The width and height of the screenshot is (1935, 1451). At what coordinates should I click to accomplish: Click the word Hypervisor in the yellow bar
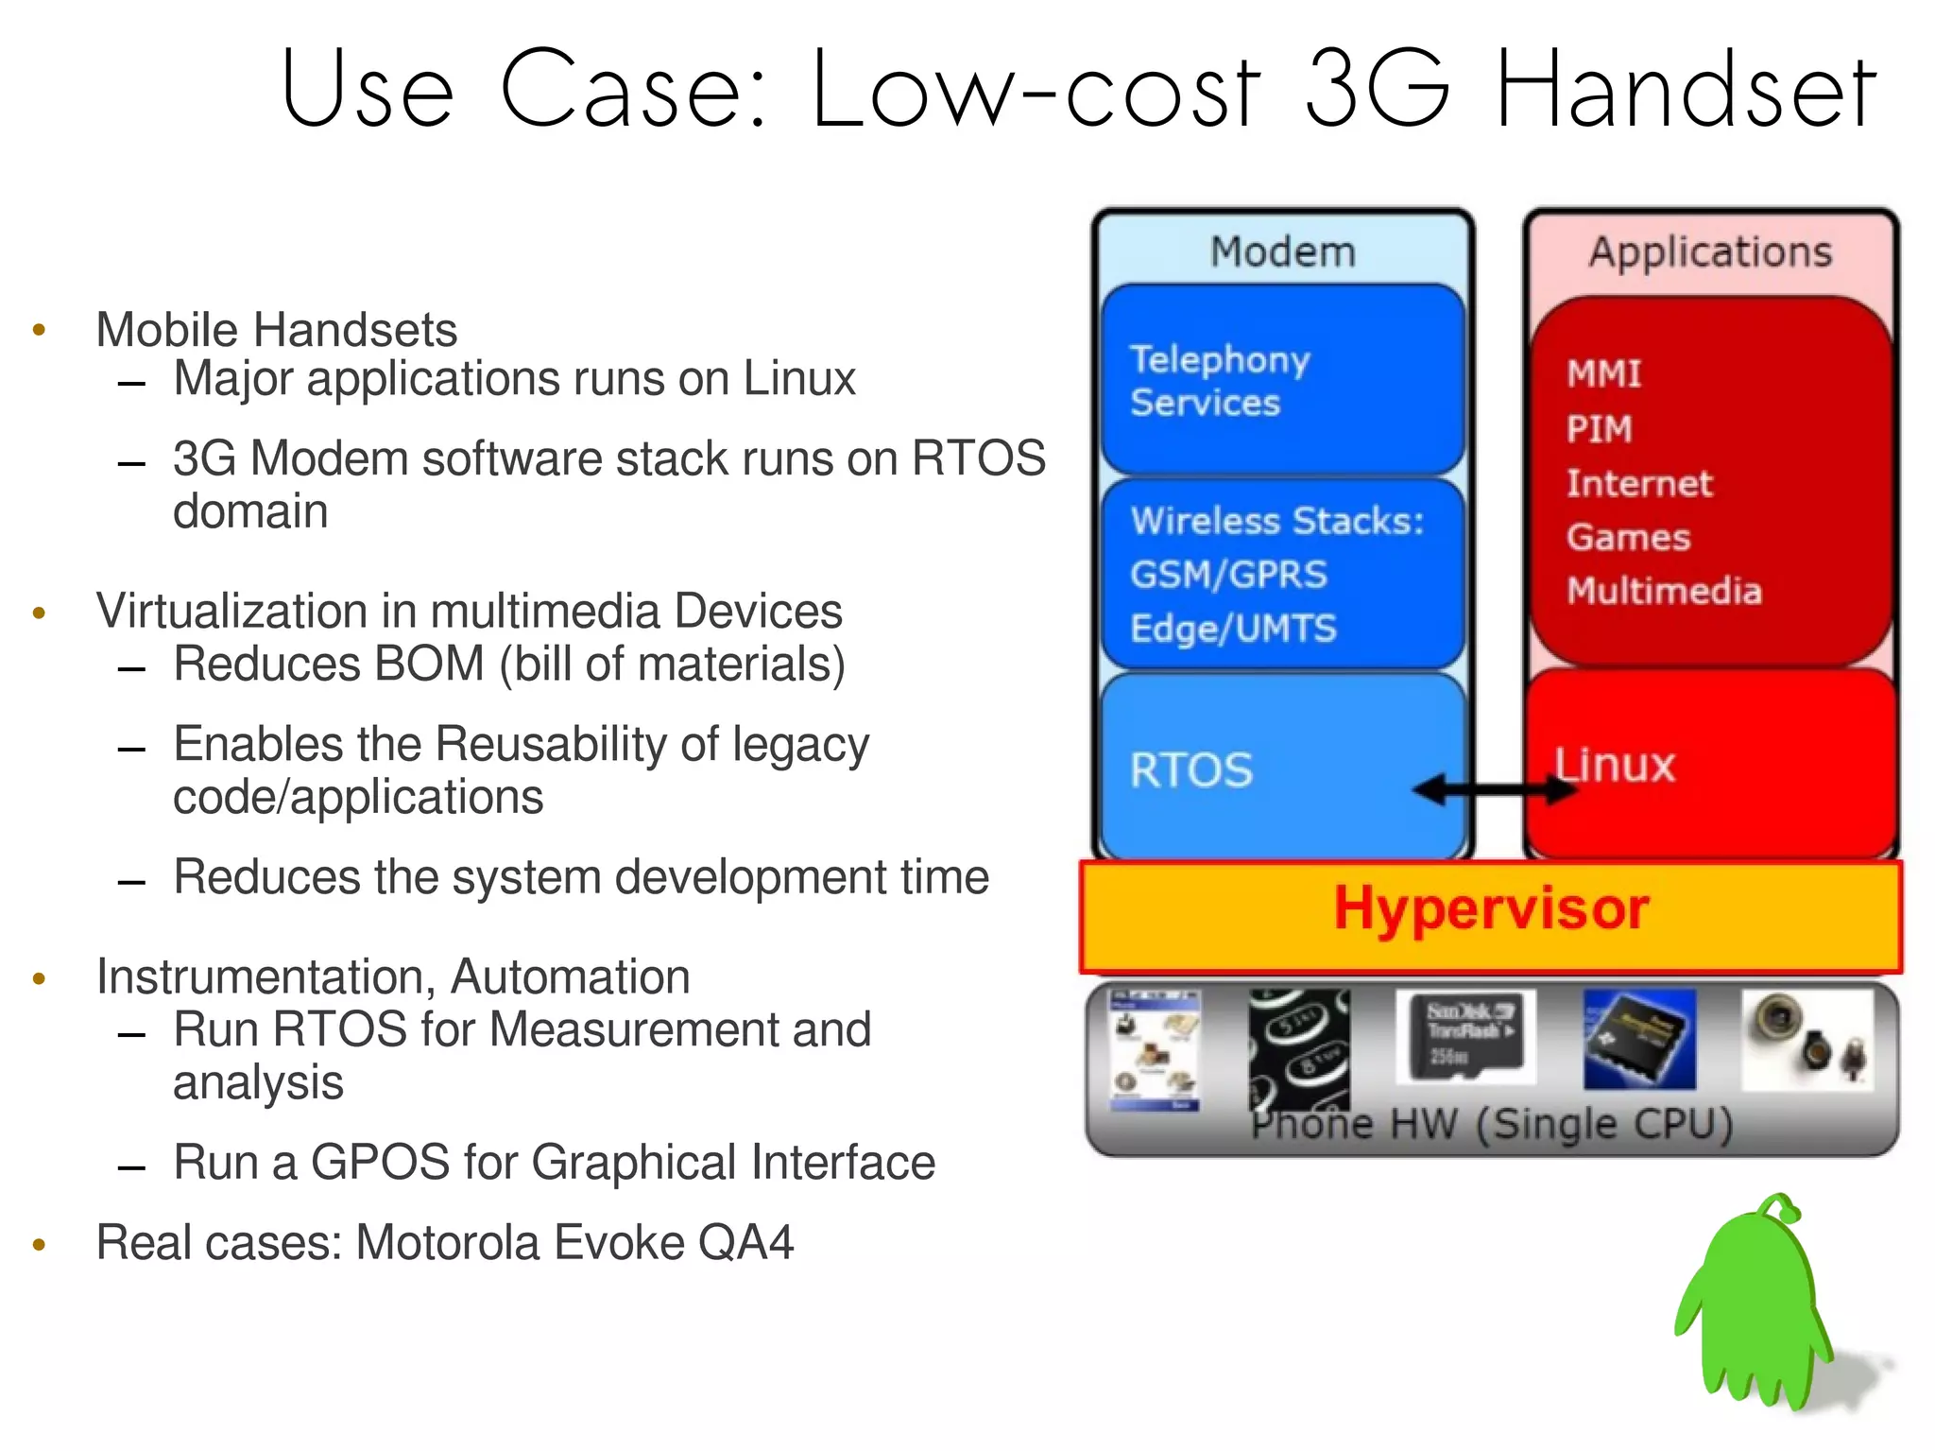click(1490, 909)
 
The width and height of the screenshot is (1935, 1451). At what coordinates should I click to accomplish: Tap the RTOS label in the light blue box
click(1190, 770)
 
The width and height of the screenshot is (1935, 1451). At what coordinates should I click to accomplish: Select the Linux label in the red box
click(1614, 765)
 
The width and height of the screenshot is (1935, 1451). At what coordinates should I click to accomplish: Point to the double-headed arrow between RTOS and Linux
click(1494, 789)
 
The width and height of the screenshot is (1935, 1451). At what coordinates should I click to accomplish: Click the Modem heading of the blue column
click(1282, 252)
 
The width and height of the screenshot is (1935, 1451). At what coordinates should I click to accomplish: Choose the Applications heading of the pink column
click(1709, 252)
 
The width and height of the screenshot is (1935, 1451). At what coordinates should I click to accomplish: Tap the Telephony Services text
click(1219, 381)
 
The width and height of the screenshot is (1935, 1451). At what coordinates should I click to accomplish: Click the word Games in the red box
click(1627, 538)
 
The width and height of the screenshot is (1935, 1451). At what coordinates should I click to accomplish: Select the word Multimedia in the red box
click(1664, 592)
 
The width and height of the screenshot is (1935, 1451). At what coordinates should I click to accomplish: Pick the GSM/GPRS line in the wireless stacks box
click(1228, 575)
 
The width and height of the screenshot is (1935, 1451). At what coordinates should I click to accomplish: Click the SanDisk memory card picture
click(1465, 1037)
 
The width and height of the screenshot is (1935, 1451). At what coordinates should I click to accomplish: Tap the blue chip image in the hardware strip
click(1639, 1039)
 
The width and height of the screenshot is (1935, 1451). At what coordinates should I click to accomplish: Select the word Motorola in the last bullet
click(448, 1242)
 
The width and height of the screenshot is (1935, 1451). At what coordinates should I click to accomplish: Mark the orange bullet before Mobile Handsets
click(39, 330)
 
